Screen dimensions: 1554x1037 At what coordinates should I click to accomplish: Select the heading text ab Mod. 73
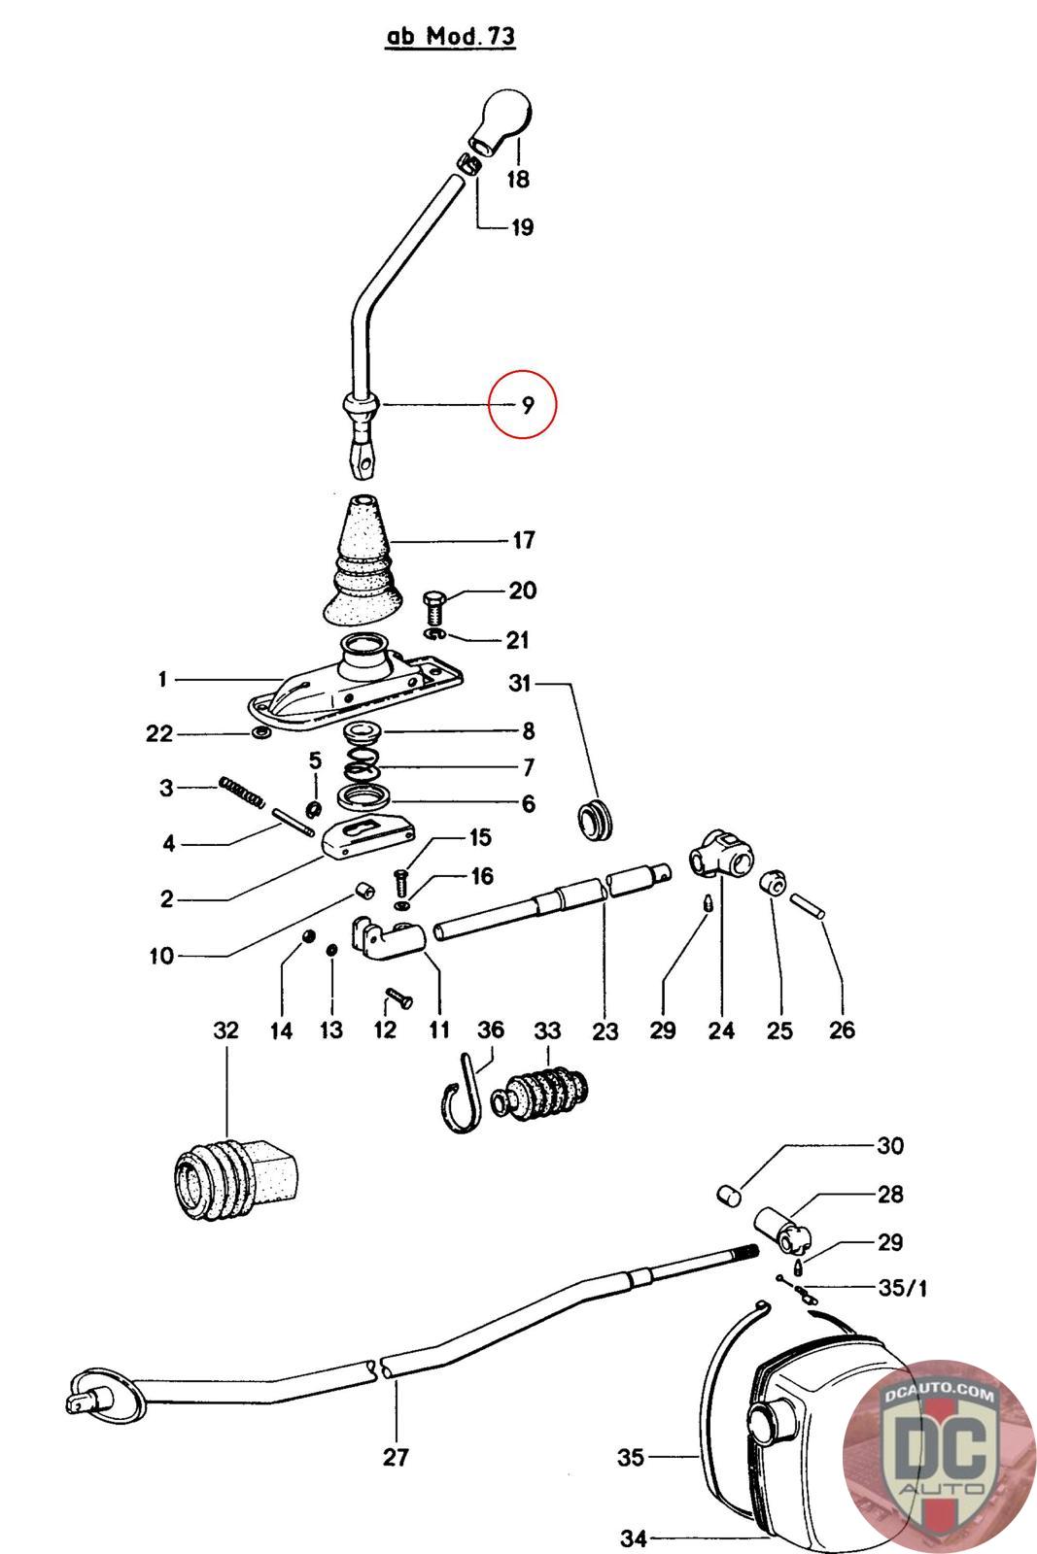pos(451,37)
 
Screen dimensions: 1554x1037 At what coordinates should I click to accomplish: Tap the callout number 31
pos(520,685)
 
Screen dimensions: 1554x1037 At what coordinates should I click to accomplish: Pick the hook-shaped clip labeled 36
pos(466,1096)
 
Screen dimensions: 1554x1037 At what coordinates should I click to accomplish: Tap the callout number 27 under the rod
pos(396,1456)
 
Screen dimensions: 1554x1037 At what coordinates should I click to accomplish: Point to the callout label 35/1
pos(902,1289)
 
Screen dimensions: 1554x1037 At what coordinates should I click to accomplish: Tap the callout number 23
pos(605,1030)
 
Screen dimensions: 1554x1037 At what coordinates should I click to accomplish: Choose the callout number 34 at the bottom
pos(633,1538)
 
